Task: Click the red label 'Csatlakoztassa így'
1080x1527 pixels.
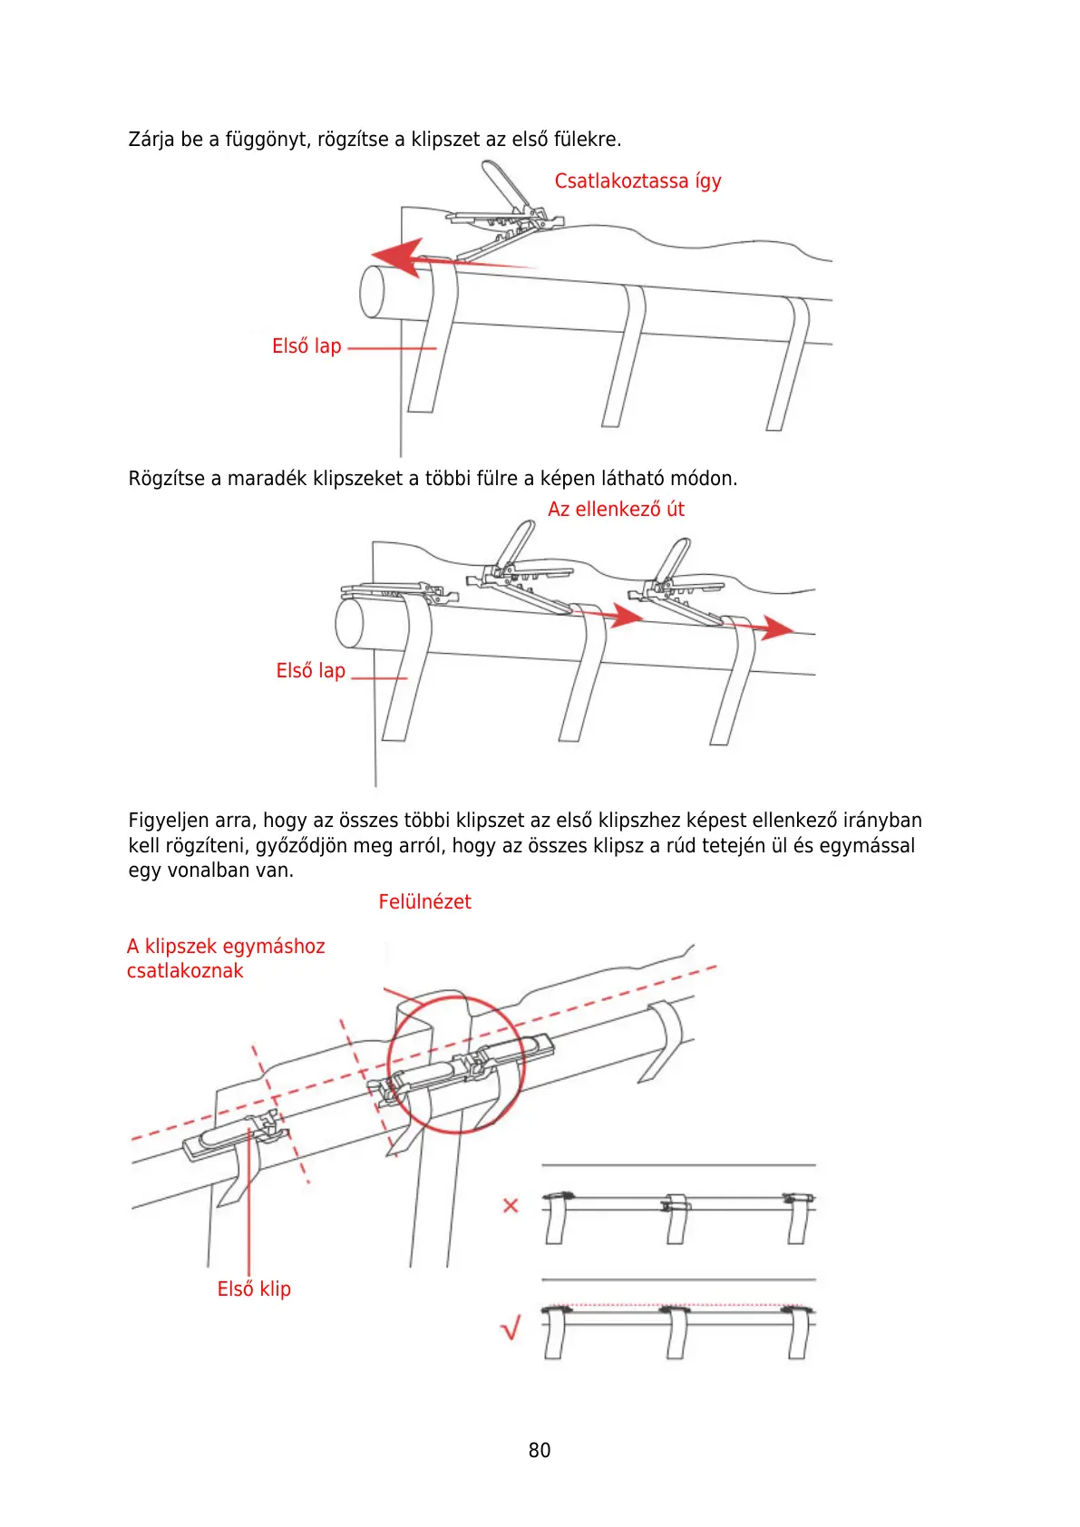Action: [x=637, y=181]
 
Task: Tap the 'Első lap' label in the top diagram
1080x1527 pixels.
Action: [x=306, y=346]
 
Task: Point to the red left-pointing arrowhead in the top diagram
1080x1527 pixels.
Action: [x=398, y=258]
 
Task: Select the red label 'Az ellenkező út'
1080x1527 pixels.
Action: [x=616, y=510]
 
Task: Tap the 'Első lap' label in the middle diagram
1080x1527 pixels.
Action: [x=310, y=671]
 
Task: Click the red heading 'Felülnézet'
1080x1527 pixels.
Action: [x=424, y=902]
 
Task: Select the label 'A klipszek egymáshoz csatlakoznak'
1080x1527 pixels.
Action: [x=225, y=958]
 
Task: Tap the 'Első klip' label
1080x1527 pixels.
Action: [x=254, y=1289]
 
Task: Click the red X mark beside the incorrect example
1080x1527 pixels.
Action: [x=511, y=1205]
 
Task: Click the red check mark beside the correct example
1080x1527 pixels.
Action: [x=511, y=1329]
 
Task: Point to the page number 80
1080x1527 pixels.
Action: [x=540, y=1451]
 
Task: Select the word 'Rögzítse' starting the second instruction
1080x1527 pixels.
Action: [x=167, y=479]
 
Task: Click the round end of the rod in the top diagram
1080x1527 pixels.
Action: [x=372, y=292]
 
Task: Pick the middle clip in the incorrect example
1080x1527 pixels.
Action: [x=676, y=1202]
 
